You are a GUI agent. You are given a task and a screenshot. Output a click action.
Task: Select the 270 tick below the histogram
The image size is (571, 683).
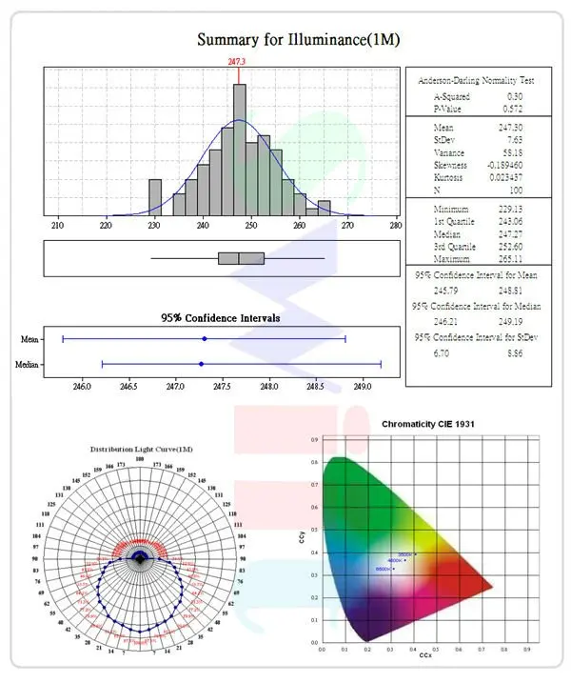click(347, 226)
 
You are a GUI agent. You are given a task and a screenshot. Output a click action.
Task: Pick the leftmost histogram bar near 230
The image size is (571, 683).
click(155, 195)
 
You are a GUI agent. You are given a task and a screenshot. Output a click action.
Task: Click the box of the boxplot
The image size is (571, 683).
click(241, 258)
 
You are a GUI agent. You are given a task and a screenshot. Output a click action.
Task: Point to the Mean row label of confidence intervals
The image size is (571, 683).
click(30, 338)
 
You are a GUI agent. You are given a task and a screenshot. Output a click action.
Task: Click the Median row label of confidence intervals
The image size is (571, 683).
click(27, 364)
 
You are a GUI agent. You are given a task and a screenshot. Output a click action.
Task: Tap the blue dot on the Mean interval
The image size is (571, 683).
click(205, 338)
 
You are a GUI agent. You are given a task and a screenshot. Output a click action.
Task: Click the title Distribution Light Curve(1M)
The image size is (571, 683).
click(142, 449)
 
